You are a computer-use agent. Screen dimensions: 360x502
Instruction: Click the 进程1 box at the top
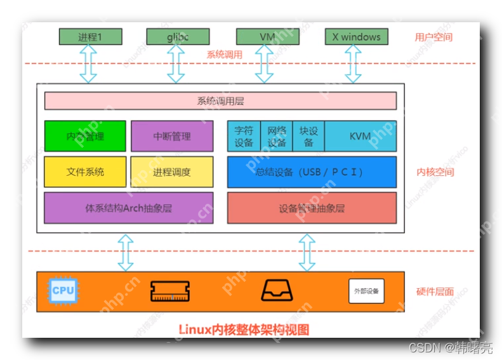[x=90, y=37]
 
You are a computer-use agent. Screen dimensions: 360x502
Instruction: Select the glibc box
[x=178, y=37]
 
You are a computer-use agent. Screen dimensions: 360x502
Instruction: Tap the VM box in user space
[x=267, y=37]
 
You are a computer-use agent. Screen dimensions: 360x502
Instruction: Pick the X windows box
[x=356, y=37]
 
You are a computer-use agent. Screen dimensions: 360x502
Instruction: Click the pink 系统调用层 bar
[x=220, y=101]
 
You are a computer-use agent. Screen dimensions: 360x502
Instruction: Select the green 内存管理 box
[x=85, y=136]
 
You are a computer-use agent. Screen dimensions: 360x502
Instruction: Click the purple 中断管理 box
[x=172, y=136]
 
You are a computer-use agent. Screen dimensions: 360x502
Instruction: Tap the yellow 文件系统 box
[x=85, y=171]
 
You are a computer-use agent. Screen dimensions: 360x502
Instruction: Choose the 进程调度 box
[x=172, y=171]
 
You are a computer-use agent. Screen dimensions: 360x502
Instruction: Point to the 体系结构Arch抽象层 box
[x=128, y=208]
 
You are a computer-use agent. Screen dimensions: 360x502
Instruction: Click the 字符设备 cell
[x=244, y=136]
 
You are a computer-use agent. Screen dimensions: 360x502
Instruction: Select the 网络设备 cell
[x=277, y=136]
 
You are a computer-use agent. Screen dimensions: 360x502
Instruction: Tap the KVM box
[x=360, y=136]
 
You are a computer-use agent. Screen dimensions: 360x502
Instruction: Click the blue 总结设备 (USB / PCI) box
[x=312, y=171]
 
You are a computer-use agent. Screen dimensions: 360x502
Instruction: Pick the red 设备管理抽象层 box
[x=312, y=208]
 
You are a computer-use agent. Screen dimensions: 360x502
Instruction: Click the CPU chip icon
[x=63, y=291]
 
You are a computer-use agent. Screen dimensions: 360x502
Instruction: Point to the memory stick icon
[x=170, y=291]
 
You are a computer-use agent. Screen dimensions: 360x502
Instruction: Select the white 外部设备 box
[x=366, y=291]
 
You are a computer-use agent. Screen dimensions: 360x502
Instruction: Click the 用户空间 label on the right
[x=433, y=37]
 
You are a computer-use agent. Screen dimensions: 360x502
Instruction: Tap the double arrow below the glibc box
[x=176, y=64]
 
